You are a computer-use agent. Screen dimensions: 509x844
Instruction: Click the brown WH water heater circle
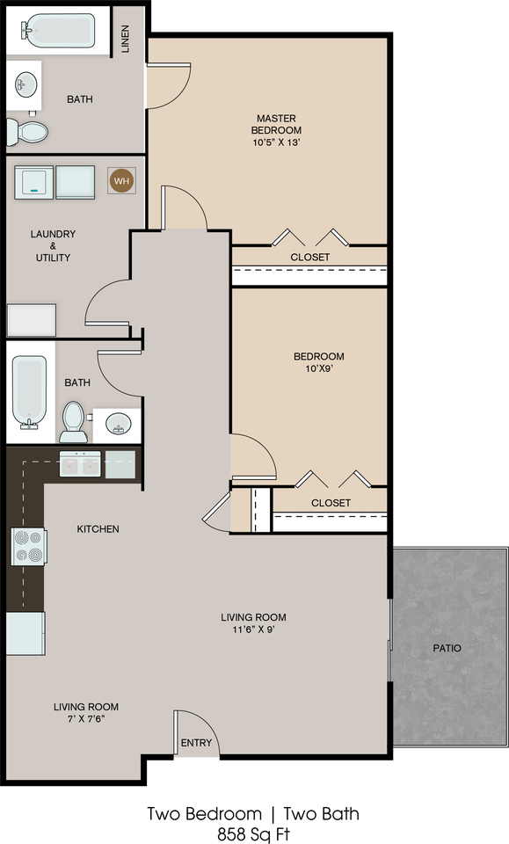point(121,181)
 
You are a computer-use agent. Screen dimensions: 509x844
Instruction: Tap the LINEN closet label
point(126,39)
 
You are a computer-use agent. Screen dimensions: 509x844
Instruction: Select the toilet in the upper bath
point(27,131)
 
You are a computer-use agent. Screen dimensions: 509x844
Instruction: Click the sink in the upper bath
point(25,84)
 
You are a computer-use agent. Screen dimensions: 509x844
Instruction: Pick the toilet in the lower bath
point(73,422)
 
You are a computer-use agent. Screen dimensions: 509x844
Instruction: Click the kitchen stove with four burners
point(29,547)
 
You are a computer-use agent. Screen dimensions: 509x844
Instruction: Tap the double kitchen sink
point(80,464)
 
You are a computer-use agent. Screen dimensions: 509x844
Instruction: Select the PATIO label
point(447,648)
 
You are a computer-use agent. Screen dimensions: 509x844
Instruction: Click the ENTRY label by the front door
point(196,743)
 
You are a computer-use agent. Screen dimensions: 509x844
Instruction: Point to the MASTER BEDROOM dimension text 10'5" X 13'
point(276,142)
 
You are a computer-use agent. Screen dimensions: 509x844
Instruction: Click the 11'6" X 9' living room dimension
point(253,629)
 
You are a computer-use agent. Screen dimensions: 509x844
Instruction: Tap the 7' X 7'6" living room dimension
point(86,718)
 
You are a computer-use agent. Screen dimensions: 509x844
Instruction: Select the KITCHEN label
point(98,529)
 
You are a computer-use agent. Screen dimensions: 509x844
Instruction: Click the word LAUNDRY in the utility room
point(53,234)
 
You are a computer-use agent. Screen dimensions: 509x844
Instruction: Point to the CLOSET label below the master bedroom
point(310,258)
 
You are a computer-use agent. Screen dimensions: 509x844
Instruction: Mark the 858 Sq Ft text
point(253,833)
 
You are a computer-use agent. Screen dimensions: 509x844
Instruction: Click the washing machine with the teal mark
point(33,183)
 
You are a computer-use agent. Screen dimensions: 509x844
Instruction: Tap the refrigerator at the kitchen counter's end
point(25,633)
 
